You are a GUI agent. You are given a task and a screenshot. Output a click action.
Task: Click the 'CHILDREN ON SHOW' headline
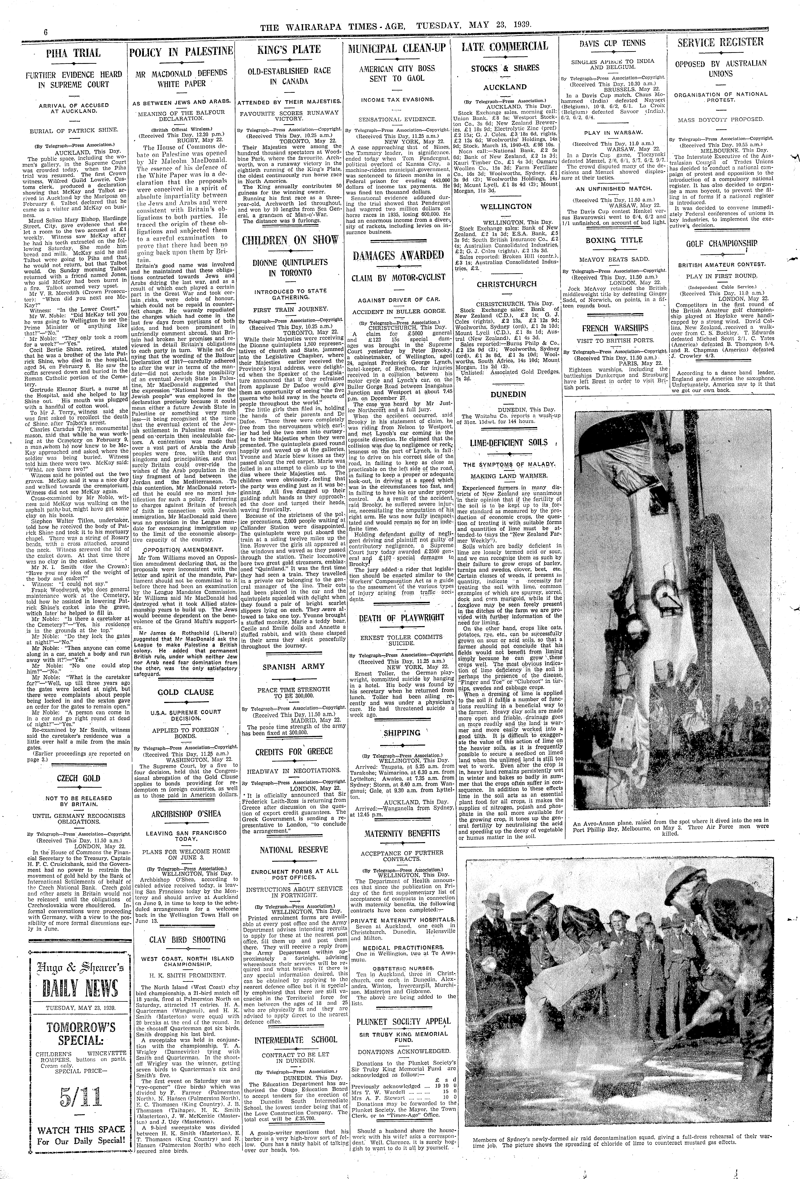tap(289, 240)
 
